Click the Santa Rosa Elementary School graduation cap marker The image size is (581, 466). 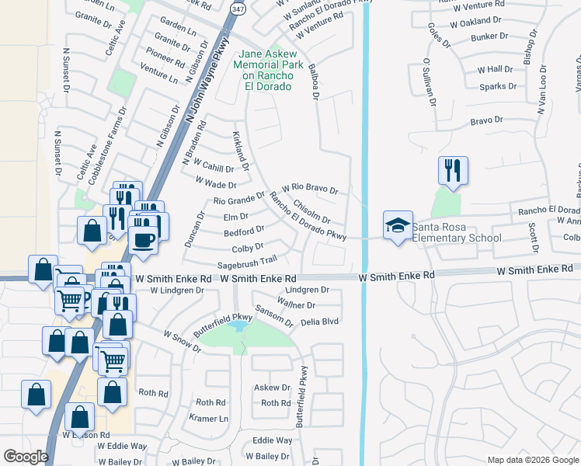398,225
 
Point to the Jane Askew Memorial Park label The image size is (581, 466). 267,70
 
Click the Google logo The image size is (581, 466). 26,457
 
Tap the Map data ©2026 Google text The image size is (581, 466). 532,460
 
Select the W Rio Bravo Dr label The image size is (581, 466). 310,188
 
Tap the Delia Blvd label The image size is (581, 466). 320,321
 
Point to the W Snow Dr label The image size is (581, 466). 182,340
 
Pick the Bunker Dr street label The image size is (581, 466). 489,36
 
